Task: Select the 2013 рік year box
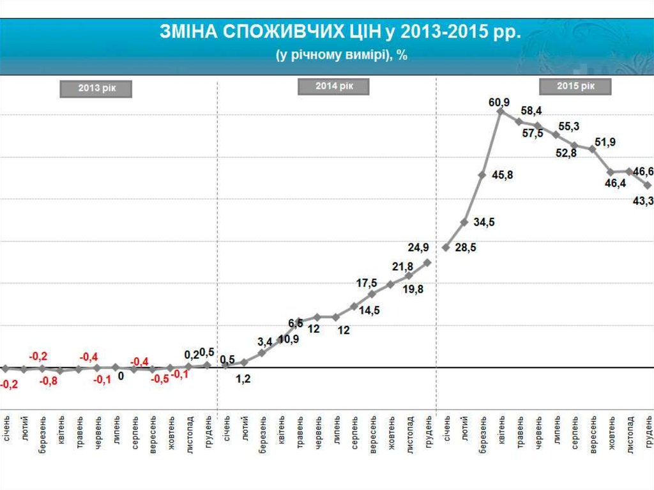(x=96, y=89)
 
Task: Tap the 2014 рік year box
(x=334, y=86)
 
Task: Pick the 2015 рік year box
(x=575, y=86)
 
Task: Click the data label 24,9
(x=420, y=247)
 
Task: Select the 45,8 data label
(x=503, y=174)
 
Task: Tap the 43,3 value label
(x=643, y=201)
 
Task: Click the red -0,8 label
(x=48, y=381)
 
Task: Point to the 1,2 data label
(x=243, y=379)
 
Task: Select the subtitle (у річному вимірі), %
(x=342, y=55)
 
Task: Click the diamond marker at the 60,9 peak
(x=500, y=111)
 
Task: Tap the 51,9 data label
(x=605, y=142)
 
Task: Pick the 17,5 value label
(x=367, y=283)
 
